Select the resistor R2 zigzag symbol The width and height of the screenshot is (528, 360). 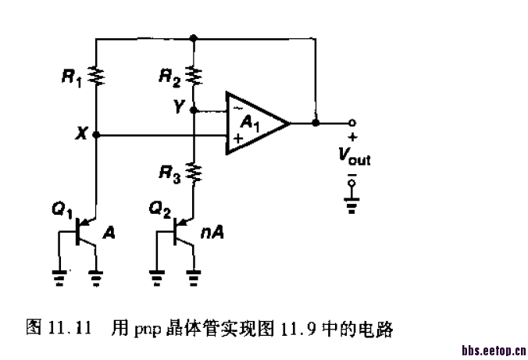coord(193,76)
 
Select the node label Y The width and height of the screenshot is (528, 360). coord(179,109)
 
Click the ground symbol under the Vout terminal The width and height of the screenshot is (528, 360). coord(352,204)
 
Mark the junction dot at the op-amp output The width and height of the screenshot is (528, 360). coord(315,123)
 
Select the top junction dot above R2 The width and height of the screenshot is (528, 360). coord(193,37)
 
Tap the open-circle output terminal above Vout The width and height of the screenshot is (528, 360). coord(352,123)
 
